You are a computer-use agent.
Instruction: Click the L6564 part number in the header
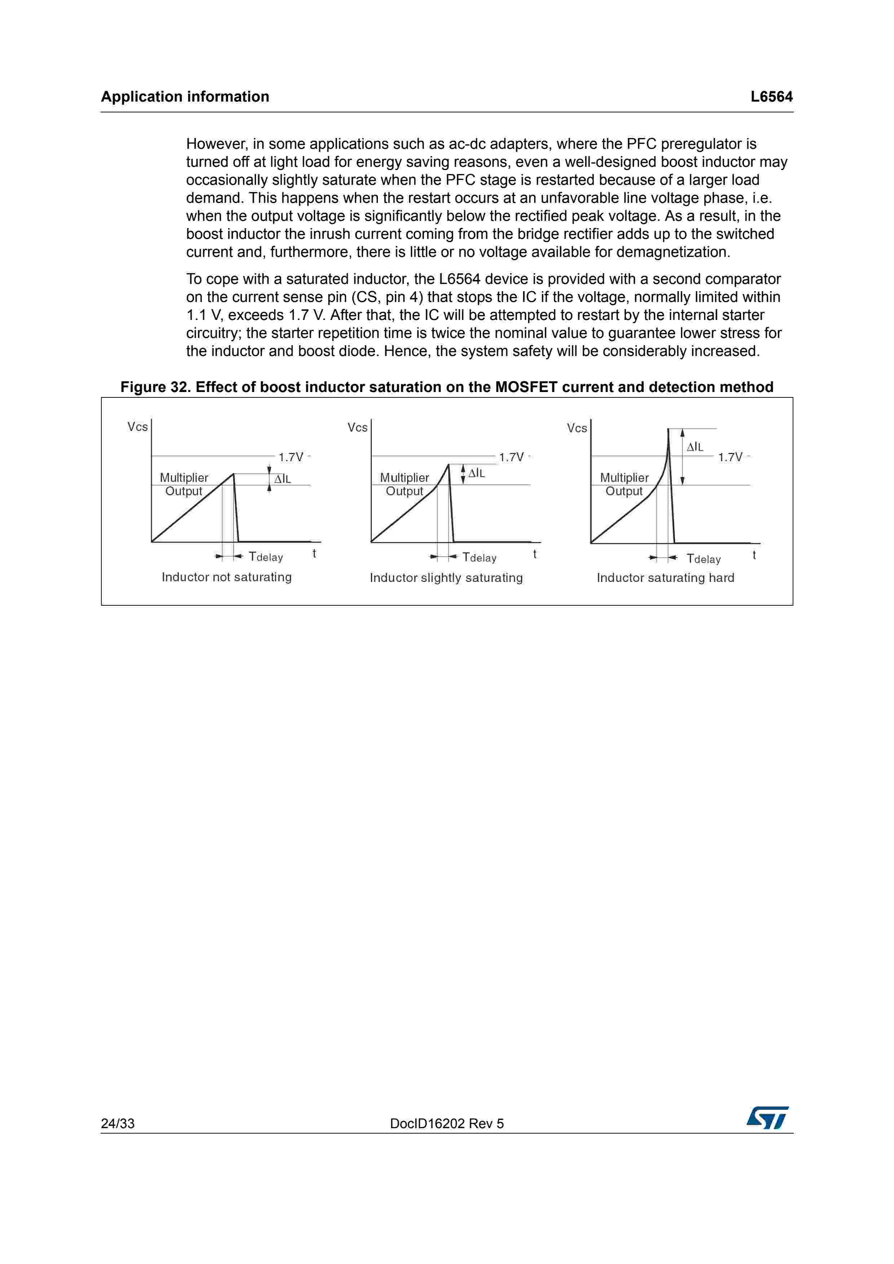(x=771, y=97)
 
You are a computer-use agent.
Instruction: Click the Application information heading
(x=185, y=97)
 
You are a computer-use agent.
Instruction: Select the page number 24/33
(x=117, y=1123)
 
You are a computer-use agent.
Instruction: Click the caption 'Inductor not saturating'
(x=226, y=577)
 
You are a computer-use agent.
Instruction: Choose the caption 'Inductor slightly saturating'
(x=446, y=578)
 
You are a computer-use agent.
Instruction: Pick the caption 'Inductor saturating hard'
(x=665, y=578)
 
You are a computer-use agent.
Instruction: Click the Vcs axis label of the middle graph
(x=357, y=428)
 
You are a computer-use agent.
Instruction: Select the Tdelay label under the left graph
(x=266, y=557)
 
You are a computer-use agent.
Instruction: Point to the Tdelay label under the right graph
(x=704, y=559)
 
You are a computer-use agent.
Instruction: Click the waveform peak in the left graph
(x=234, y=474)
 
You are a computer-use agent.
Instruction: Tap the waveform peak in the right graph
(x=668, y=430)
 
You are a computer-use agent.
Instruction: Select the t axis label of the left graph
(x=314, y=554)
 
